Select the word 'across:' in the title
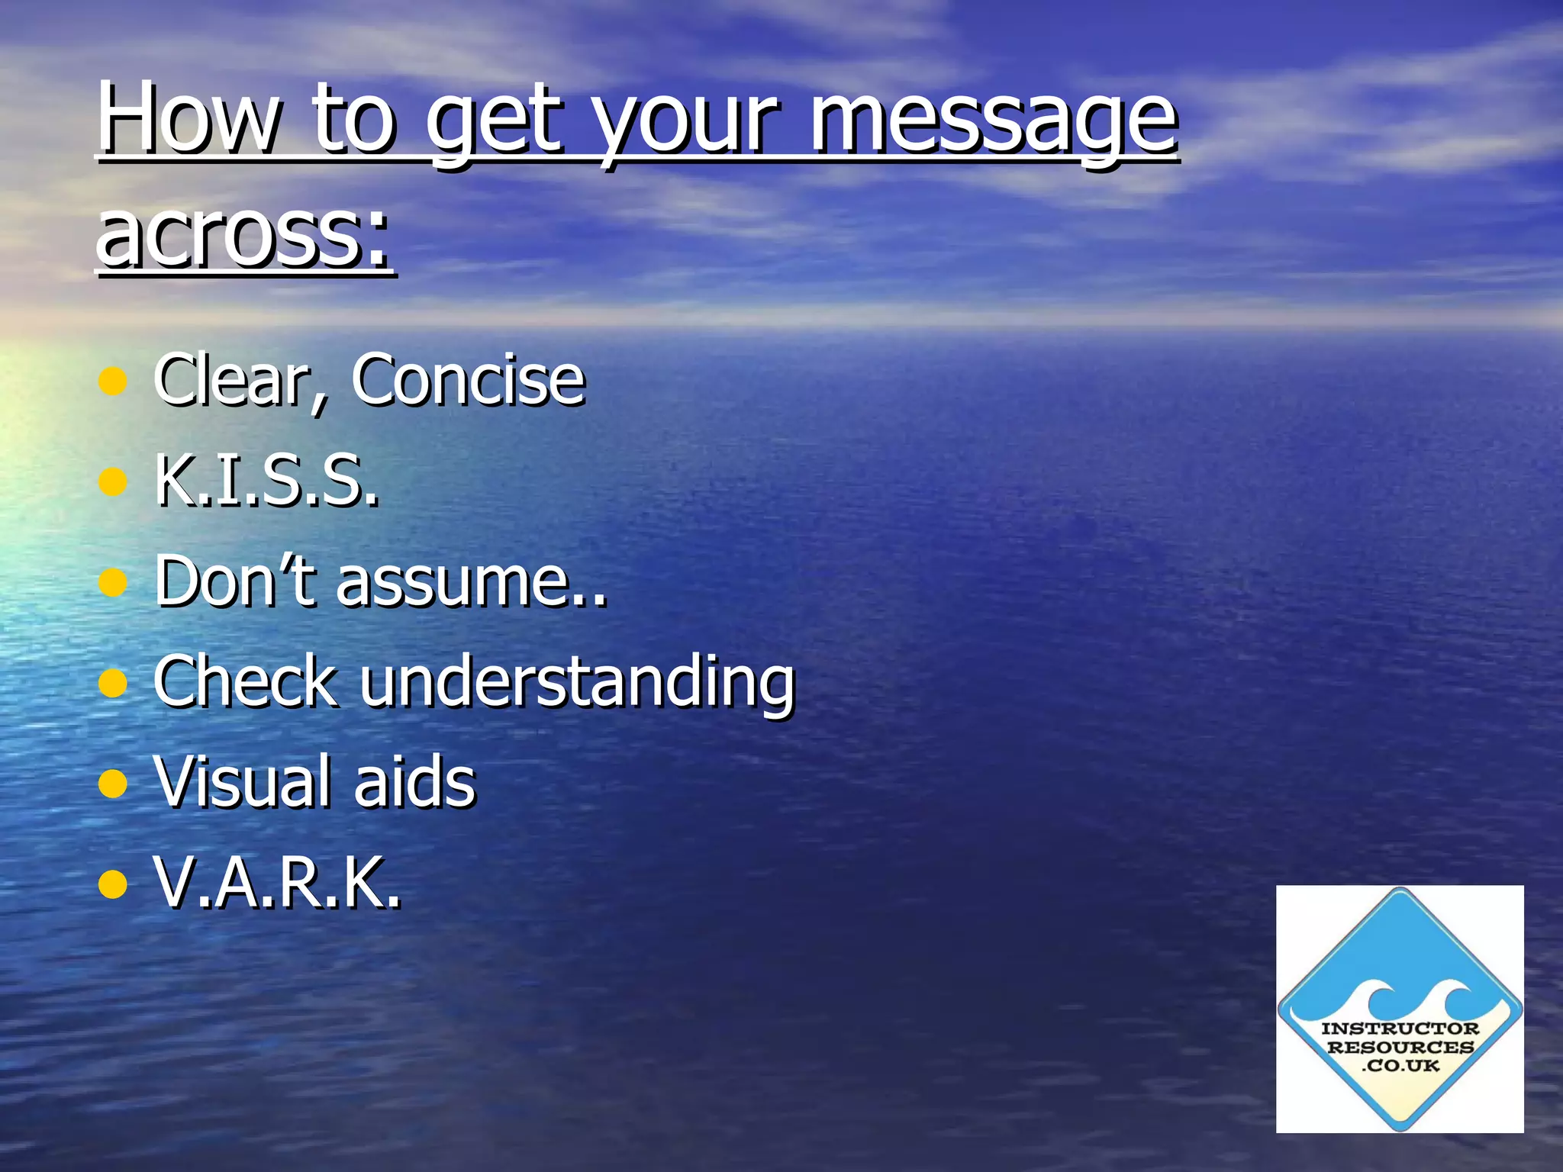(244, 232)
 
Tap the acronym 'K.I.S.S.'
(266, 481)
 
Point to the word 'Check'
(245, 681)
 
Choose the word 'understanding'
(578, 683)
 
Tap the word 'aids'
(415, 781)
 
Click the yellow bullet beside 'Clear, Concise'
(112, 381)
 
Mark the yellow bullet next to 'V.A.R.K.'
(112, 884)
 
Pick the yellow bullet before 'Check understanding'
(112, 683)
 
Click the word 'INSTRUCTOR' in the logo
(1400, 1029)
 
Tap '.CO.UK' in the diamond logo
(1400, 1065)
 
